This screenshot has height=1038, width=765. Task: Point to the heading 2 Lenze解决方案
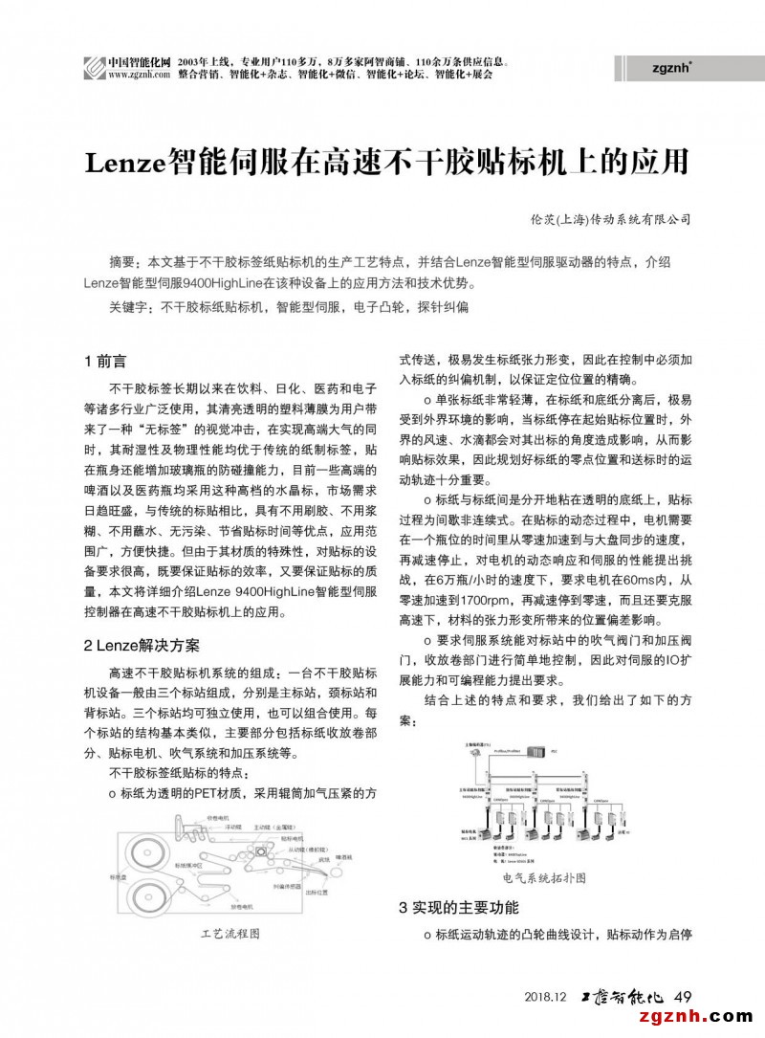click(142, 645)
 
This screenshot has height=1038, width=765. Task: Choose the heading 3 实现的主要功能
click(458, 907)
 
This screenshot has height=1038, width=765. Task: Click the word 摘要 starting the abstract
click(122, 262)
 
